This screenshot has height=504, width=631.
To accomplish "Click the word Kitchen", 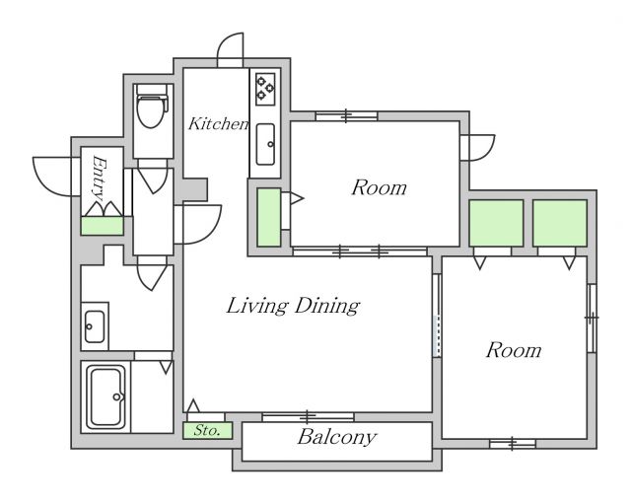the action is (219, 123).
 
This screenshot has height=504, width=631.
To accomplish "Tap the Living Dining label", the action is (293, 306).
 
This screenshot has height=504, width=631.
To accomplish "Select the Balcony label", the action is (337, 437).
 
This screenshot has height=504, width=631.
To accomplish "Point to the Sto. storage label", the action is (207, 430).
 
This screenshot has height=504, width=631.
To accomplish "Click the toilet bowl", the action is (151, 108).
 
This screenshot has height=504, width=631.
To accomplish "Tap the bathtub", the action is (106, 397).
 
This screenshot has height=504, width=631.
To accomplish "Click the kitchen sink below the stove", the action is (265, 144).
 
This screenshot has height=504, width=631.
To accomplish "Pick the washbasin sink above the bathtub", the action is (95, 326).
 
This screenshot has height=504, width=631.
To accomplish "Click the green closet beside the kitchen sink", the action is (269, 217).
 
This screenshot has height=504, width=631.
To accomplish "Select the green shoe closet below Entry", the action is (102, 226).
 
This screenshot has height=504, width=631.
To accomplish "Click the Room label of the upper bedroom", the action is (379, 188).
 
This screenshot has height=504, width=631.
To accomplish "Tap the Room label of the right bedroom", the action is (514, 350).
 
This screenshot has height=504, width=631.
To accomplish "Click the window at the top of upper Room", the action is (346, 116).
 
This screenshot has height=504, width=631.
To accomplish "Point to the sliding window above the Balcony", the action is (309, 416).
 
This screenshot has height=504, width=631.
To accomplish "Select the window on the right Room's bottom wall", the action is (513, 444).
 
